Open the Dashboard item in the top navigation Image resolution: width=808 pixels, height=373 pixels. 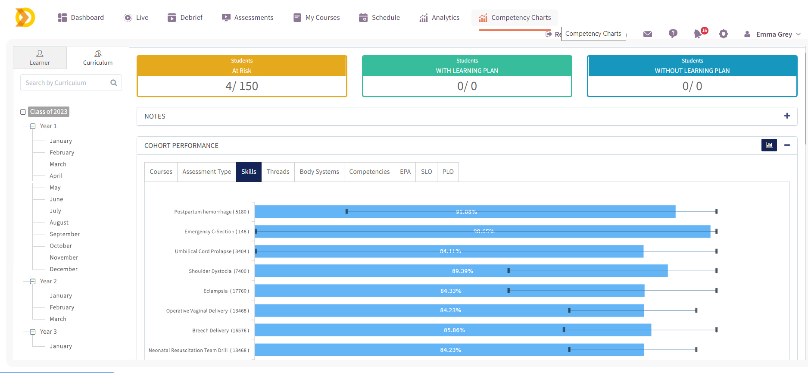click(x=81, y=18)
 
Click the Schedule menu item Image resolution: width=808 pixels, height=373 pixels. click(x=380, y=18)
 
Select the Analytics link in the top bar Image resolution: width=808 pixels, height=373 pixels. click(x=440, y=18)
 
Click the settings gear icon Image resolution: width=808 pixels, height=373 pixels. click(x=724, y=34)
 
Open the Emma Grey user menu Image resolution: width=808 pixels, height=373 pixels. click(x=774, y=34)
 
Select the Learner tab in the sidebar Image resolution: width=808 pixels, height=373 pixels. click(x=40, y=58)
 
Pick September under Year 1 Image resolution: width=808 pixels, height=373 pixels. click(x=65, y=234)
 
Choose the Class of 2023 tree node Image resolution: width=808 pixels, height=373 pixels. click(x=49, y=112)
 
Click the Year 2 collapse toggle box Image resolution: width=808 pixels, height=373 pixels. click(x=33, y=282)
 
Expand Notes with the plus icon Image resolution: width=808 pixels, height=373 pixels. click(x=787, y=116)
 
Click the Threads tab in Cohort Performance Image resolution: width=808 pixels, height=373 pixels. click(x=278, y=172)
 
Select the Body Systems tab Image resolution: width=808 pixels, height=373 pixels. click(x=319, y=172)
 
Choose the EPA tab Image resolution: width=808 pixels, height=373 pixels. click(x=405, y=172)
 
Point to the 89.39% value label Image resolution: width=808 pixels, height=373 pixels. click(x=462, y=271)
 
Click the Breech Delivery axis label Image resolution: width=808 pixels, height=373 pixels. click(x=220, y=331)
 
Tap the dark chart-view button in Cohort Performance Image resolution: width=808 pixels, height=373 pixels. click(x=769, y=145)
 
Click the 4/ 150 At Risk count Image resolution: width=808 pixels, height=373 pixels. click(x=242, y=86)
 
